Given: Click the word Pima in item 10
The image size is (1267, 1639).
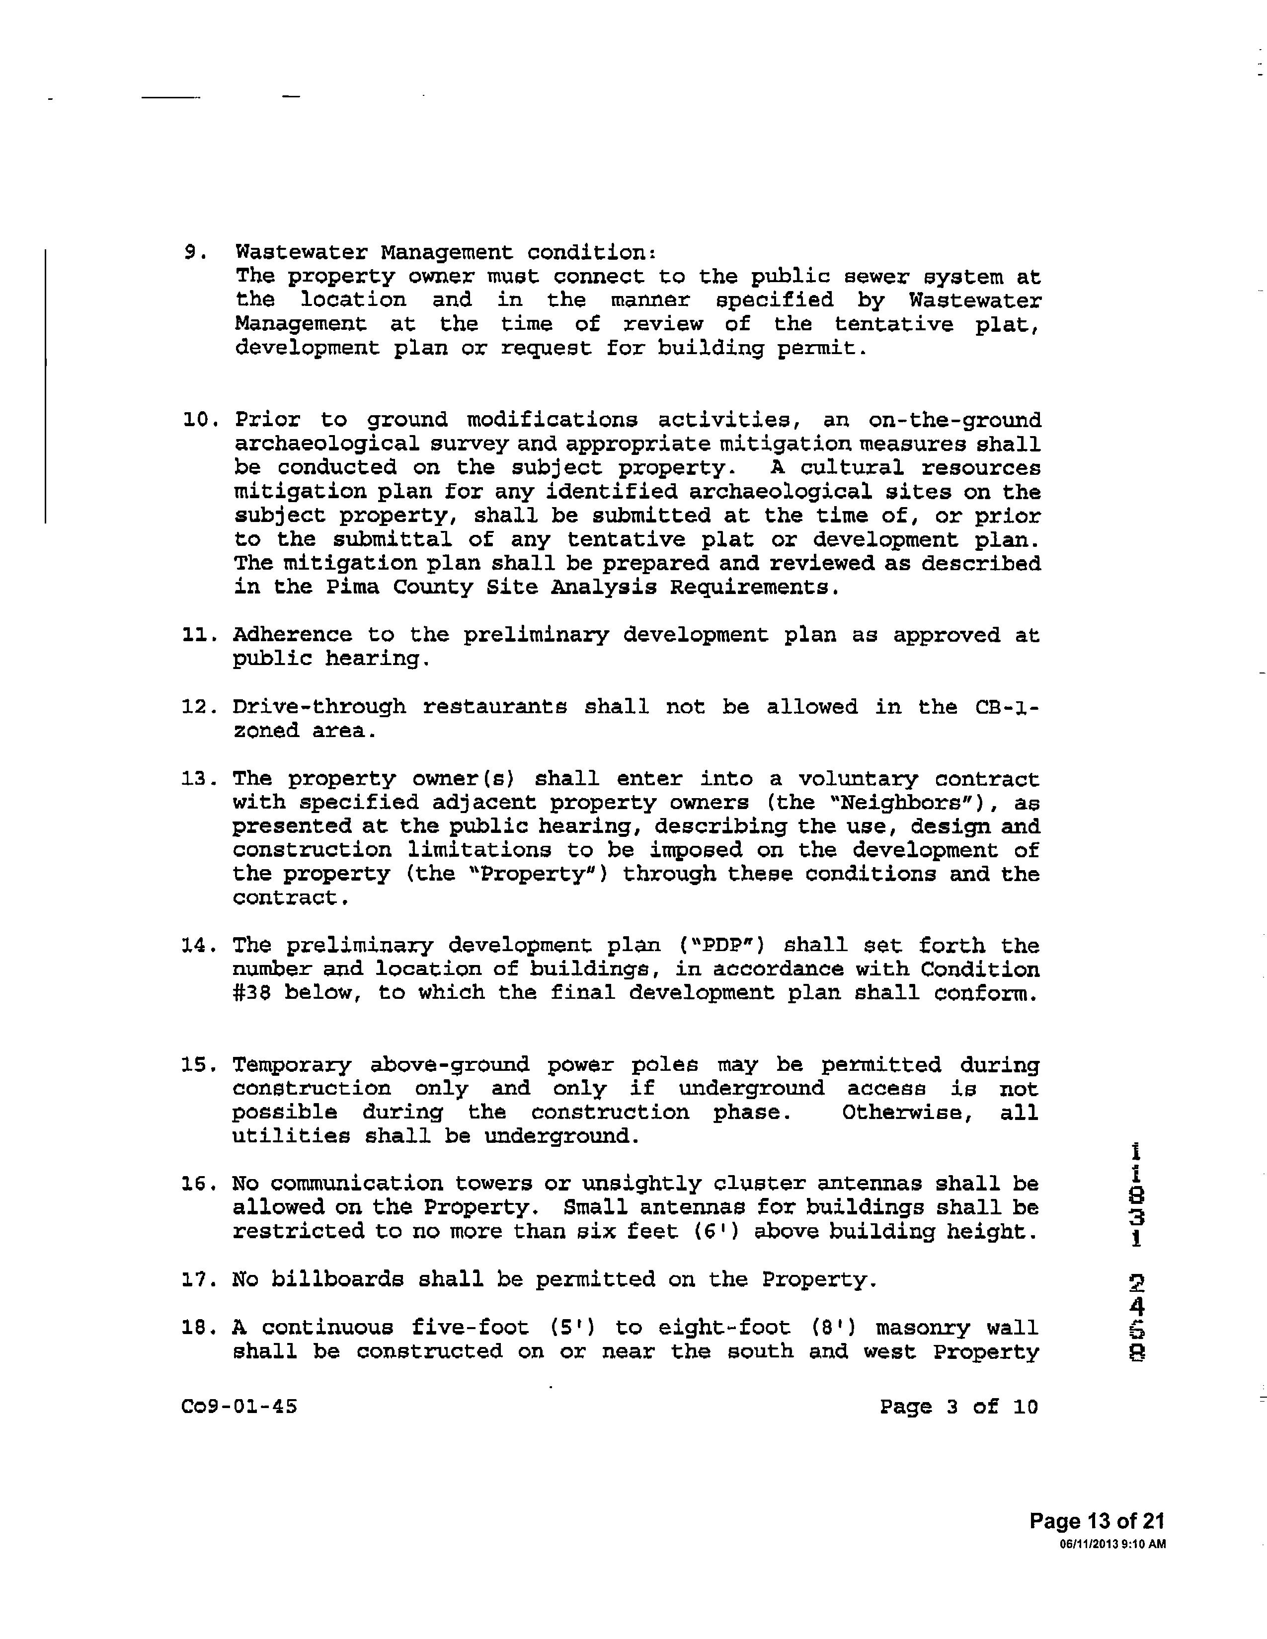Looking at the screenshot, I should (352, 588).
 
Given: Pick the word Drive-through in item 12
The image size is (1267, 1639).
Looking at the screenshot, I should (319, 707).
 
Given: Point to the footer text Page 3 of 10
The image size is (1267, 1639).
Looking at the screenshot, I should (958, 1407).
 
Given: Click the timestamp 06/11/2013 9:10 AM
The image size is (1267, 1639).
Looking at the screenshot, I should (1112, 1545).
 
